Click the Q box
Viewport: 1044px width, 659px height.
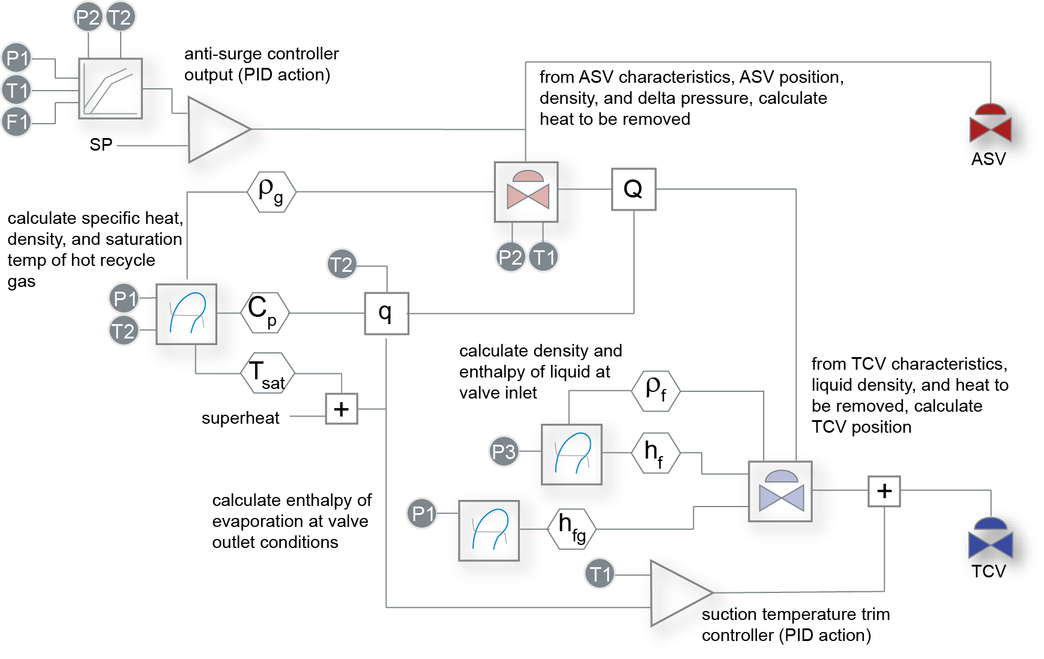click(x=633, y=189)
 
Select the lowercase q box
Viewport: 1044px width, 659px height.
click(x=386, y=313)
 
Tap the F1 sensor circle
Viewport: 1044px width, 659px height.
click(x=16, y=122)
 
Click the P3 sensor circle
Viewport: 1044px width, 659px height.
click(x=503, y=451)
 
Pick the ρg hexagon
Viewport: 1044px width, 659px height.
click(x=271, y=191)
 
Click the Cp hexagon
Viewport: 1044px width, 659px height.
click(x=264, y=312)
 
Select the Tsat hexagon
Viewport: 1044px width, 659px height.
click(x=268, y=373)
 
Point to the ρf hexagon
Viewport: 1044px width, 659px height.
click(x=656, y=391)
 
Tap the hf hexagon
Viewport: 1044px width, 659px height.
click(x=656, y=453)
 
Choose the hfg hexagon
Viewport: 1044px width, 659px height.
click(x=572, y=528)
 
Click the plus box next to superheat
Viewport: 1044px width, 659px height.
click(x=341, y=409)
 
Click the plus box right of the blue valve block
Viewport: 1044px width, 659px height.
click(x=884, y=491)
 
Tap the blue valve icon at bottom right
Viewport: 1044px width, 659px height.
click(x=991, y=540)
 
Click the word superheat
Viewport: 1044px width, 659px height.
click(x=240, y=418)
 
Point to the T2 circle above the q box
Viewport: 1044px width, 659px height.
click(x=342, y=265)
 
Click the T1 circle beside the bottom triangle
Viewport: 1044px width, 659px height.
click(x=599, y=574)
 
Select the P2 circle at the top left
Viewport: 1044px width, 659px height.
click(x=88, y=17)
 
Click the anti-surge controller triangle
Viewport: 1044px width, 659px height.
click(x=216, y=129)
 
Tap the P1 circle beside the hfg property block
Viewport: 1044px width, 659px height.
click(x=422, y=514)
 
